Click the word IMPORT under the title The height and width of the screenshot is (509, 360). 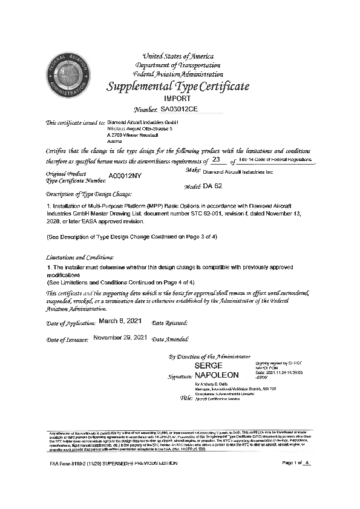(177, 98)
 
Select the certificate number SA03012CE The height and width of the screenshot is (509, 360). (179, 110)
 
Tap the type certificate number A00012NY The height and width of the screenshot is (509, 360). (125, 176)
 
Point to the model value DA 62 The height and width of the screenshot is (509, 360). (212, 186)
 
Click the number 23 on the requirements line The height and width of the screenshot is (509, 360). (216, 160)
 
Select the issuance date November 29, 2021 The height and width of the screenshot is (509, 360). (120, 337)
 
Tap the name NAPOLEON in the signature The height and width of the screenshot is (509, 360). (217, 375)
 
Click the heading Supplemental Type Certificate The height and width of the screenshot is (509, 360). (178, 86)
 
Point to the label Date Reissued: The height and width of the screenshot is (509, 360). (170, 323)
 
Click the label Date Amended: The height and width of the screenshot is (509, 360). (171, 340)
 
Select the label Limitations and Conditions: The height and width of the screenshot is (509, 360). (79, 257)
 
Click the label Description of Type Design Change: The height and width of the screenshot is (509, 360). (88, 195)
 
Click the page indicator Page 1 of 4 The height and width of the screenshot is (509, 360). (296, 480)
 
